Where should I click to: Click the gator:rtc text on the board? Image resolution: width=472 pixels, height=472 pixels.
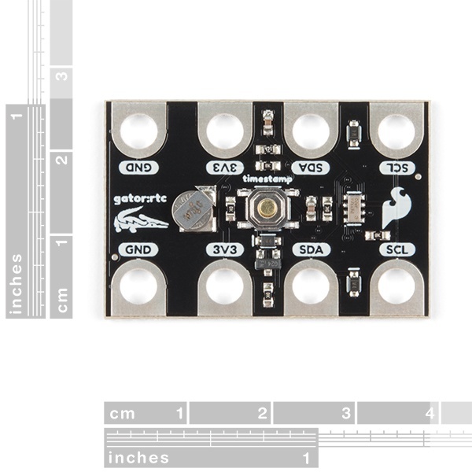[138, 200]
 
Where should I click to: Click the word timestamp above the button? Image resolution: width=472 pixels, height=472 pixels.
[267, 179]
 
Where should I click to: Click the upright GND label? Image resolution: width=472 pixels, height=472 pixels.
[138, 249]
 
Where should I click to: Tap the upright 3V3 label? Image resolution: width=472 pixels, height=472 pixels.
[225, 249]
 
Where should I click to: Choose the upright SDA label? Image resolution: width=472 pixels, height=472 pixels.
[310, 249]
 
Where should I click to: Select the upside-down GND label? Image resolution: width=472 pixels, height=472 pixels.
[138, 167]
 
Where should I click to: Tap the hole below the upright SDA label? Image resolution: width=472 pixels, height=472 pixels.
[310, 287]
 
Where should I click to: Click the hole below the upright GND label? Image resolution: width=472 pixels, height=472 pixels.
[138, 287]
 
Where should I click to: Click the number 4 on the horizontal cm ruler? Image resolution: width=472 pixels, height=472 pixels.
[430, 413]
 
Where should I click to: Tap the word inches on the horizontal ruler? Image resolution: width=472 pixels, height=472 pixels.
[138, 458]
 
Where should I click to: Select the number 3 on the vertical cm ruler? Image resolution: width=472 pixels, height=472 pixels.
[61, 76]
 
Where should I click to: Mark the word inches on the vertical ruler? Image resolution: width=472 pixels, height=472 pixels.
[17, 284]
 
